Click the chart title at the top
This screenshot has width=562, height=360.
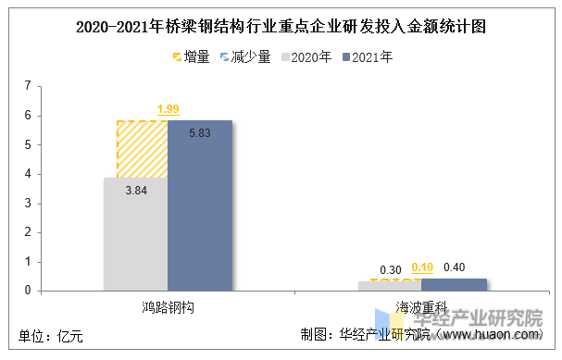coord(281,27)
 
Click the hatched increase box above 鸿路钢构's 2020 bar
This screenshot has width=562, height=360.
coord(142,148)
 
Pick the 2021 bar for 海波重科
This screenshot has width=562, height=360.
coord(459,284)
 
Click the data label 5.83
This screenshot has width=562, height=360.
coord(200,133)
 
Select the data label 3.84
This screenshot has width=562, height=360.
coord(136,190)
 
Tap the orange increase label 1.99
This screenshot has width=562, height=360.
coord(169,110)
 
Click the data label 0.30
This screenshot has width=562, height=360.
coord(390,269)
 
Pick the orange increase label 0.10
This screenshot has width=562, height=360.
coord(422,268)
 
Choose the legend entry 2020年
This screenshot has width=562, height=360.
coord(305,57)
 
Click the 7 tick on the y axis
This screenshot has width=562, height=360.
coord(28,86)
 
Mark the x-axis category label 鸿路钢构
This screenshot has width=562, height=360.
coord(168,305)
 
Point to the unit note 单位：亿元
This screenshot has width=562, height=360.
coord(51,337)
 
